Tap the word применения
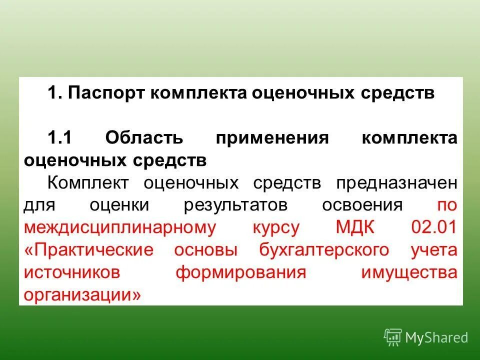(272, 138)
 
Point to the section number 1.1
(60, 138)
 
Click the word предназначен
(396, 182)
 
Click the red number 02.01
(434, 228)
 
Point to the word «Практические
(88, 250)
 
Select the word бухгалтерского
(324, 250)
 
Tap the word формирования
(240, 272)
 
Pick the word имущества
(408, 272)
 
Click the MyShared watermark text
(436, 337)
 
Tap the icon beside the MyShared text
(392, 337)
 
